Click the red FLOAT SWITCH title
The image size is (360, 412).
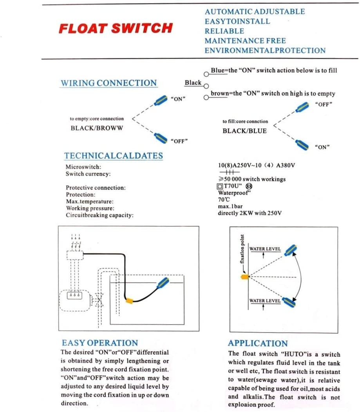coord(116,29)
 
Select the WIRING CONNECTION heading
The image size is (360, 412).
coord(109,83)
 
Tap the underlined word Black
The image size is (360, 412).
coord(193,83)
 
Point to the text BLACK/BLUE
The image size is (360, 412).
coord(244,131)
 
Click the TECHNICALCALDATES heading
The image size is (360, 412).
coord(114,156)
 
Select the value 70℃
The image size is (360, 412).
coord(224,199)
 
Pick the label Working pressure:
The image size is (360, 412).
coord(90,208)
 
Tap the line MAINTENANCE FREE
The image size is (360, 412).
coord(245,41)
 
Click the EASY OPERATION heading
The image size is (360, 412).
coord(100,343)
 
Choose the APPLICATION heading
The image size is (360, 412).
coord(258,343)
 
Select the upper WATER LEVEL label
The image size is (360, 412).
coord(265,249)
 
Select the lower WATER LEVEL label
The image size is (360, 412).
coord(265,301)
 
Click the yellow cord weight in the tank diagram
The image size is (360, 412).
coord(129,301)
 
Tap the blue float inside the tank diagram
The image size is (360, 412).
coord(163,283)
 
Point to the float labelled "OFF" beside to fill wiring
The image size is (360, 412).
coord(302,107)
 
